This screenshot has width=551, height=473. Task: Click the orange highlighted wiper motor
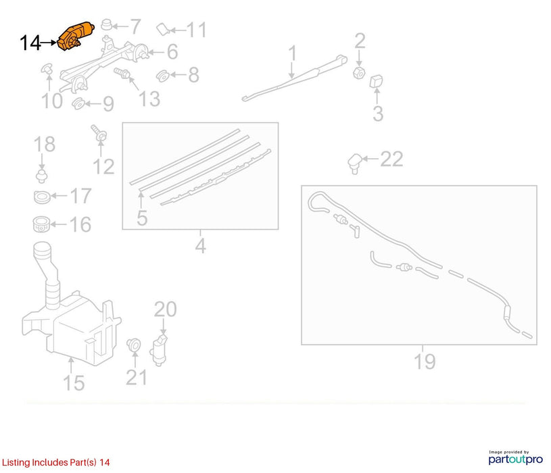(x=76, y=35)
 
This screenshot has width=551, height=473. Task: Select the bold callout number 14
(x=30, y=43)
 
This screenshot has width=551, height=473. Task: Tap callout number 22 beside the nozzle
(x=391, y=159)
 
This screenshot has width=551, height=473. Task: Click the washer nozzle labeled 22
(x=354, y=164)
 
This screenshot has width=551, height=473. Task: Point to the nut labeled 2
(x=359, y=73)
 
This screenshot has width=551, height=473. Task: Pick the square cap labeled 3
(x=376, y=81)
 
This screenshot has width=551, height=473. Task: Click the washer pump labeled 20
(x=159, y=351)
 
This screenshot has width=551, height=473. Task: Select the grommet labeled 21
(x=134, y=345)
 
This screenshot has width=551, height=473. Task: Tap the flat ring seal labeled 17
(x=42, y=197)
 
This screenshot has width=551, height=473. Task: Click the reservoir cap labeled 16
(x=41, y=224)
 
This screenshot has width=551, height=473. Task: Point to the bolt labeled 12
(x=99, y=133)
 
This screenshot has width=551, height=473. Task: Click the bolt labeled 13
(x=122, y=74)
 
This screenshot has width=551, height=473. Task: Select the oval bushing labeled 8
(x=163, y=76)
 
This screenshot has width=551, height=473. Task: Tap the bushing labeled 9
(x=78, y=104)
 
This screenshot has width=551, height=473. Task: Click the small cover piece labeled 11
(x=163, y=29)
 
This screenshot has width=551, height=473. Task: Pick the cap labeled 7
(x=106, y=25)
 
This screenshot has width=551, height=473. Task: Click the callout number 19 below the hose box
(x=425, y=362)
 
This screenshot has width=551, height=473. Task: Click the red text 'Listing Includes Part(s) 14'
(x=56, y=462)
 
